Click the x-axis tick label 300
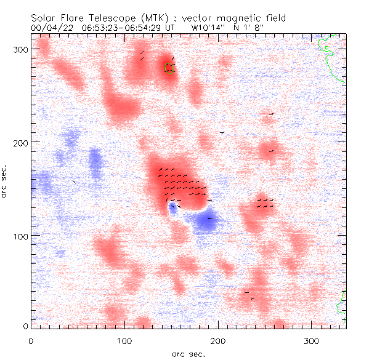coord(312,340)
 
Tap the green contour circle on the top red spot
coord(169,68)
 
